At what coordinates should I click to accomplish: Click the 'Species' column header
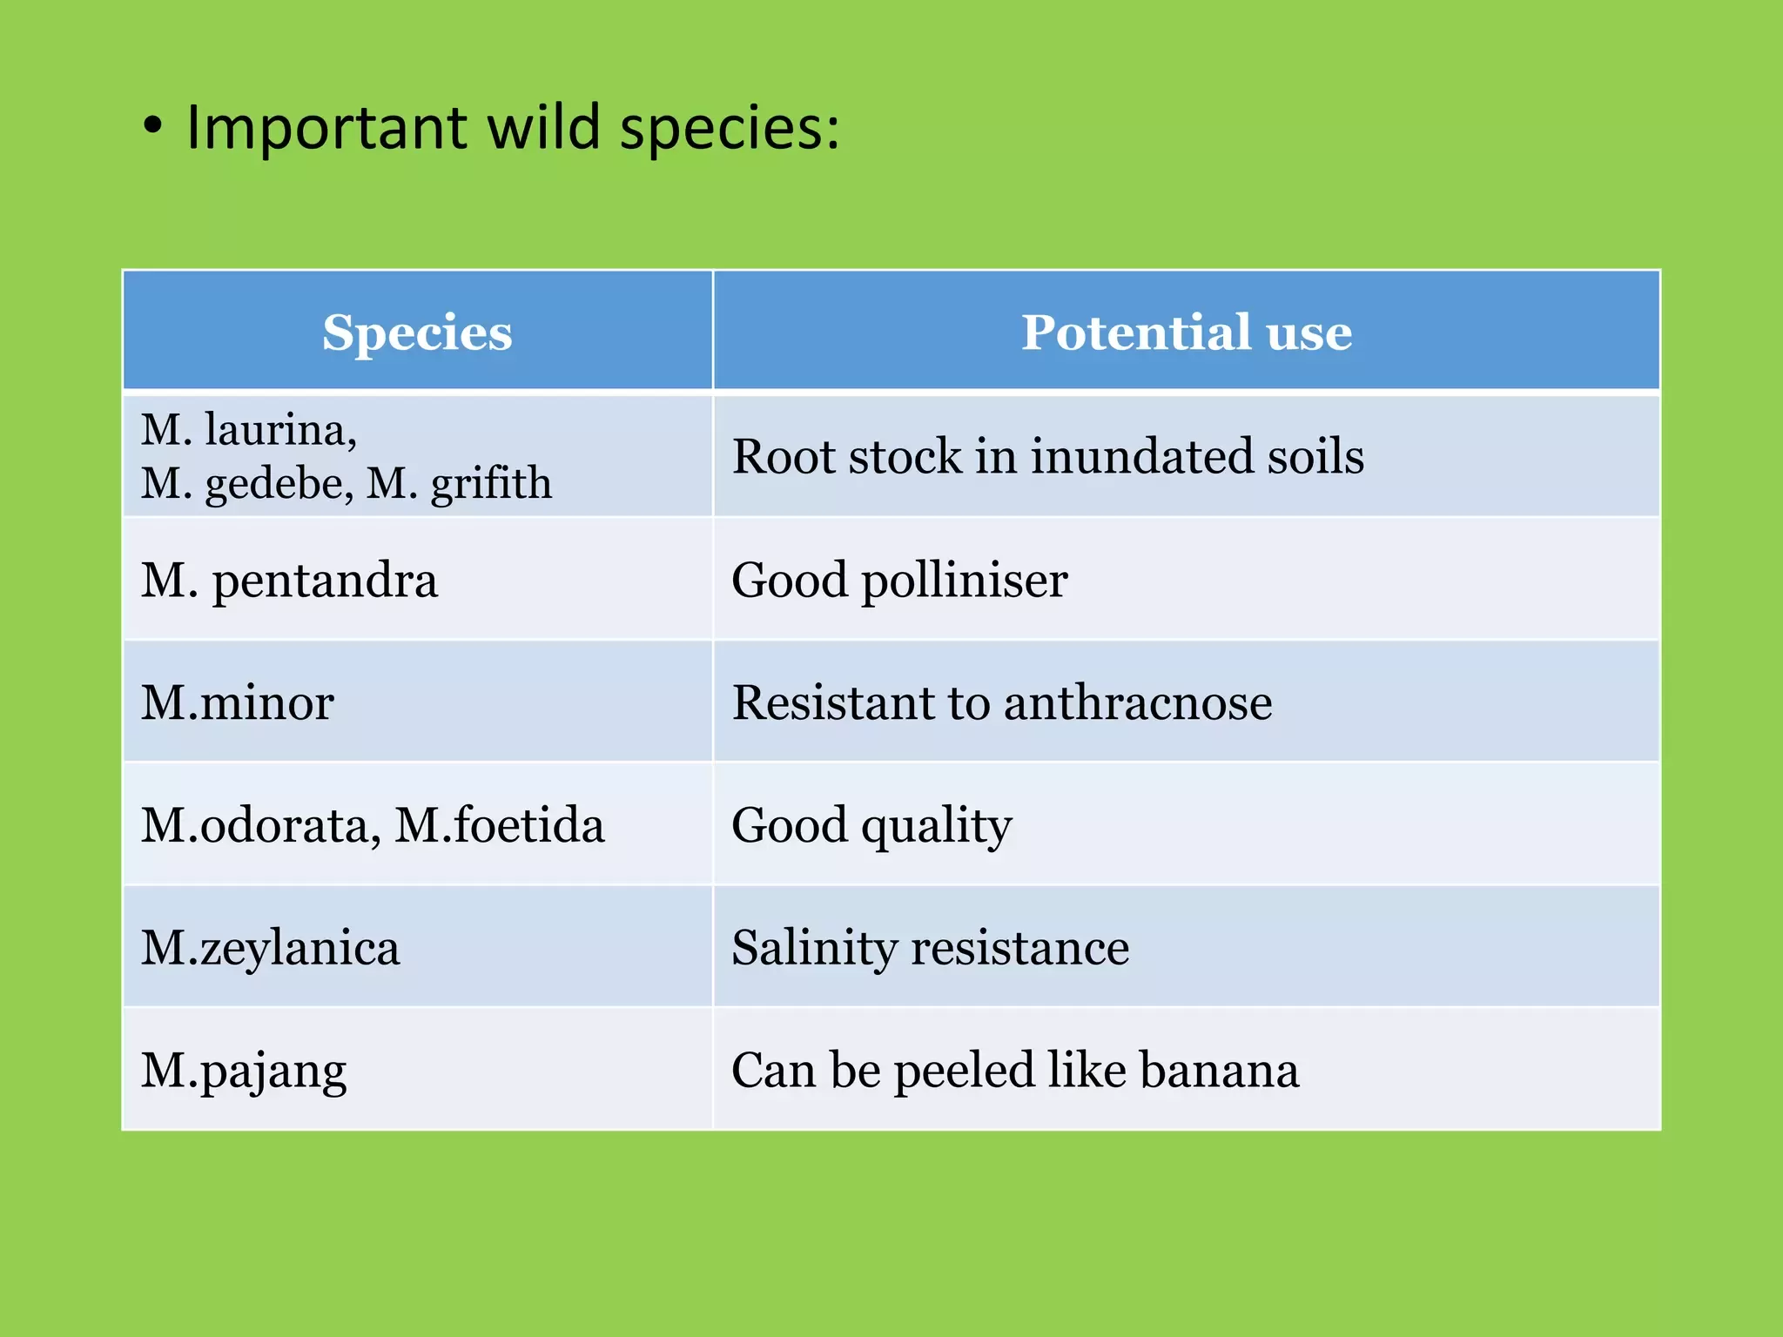(417, 333)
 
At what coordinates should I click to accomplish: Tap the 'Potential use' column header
(1187, 332)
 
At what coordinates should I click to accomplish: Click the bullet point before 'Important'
(153, 127)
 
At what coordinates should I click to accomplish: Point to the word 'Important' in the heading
(327, 128)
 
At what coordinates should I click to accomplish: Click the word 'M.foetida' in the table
(500, 824)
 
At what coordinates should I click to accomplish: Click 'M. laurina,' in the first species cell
(249, 430)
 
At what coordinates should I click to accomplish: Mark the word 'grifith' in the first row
(491, 484)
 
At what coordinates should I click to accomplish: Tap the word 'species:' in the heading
(730, 128)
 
